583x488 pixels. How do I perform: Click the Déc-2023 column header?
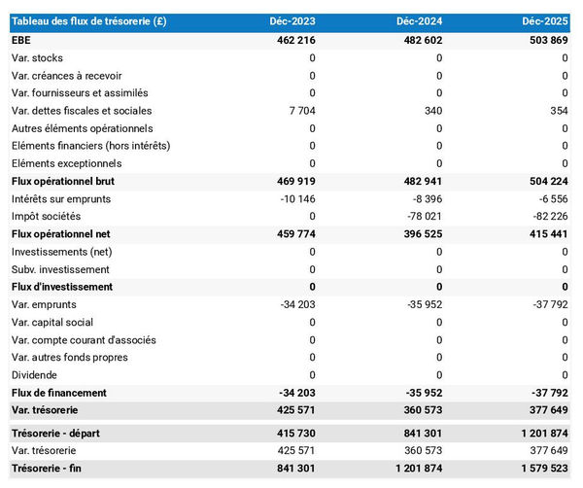[x=292, y=21]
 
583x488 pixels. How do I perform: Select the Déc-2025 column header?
[x=544, y=21]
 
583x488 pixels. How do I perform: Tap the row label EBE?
[x=20, y=40]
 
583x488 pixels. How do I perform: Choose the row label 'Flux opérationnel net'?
[x=62, y=234]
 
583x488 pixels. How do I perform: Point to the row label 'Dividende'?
[x=34, y=375]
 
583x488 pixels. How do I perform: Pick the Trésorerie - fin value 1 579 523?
[x=541, y=469]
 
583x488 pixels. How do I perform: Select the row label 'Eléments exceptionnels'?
[x=67, y=163]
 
